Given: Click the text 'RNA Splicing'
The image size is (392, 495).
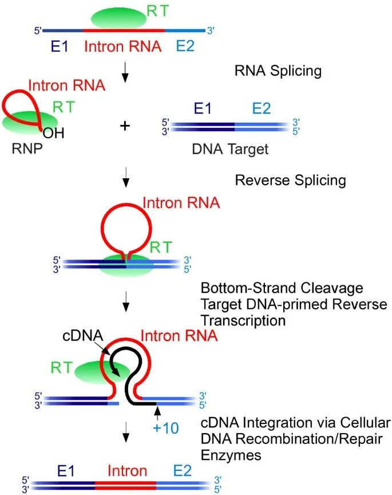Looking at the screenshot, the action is pos(278,70).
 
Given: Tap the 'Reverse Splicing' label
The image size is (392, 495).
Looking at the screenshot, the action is pos(291,180).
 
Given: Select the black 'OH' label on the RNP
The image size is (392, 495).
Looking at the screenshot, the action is pos(54,133).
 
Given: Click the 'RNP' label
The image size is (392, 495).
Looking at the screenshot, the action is pos(27,148).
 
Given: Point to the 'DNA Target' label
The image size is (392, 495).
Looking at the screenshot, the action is pos(230,149).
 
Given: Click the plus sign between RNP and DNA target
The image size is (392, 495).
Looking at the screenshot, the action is pos(125,126).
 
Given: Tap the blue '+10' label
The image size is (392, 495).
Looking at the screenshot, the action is pos(166,429).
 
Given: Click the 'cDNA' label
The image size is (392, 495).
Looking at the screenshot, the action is pos(83,336).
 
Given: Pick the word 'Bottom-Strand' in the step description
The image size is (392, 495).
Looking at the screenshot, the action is pos(248,288).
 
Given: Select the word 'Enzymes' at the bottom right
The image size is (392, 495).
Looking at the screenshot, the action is pos(231,455).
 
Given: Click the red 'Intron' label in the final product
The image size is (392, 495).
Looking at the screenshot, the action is pos(128,471).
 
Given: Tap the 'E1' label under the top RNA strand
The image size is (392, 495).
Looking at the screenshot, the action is pos(60,47).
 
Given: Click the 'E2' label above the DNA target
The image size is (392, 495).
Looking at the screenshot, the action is pos(262,109).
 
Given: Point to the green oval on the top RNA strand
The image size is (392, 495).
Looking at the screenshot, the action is pos(119,18).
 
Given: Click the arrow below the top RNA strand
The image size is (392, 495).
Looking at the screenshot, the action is pos(125,72).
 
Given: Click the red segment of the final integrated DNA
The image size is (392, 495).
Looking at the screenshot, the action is pos(125,485).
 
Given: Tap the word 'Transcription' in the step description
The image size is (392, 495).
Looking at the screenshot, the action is pos(243,321).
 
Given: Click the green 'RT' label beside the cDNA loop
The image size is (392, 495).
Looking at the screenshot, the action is pos(62,368).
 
